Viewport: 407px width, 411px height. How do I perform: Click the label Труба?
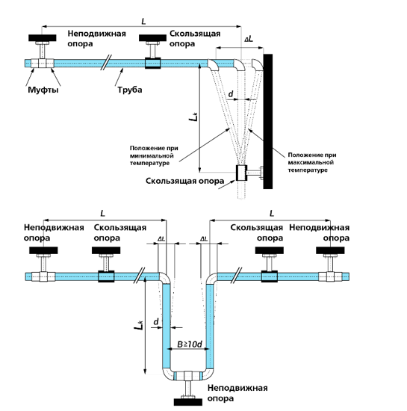130,90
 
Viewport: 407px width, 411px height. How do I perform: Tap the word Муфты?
43,90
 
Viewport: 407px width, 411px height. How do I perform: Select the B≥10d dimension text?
190,344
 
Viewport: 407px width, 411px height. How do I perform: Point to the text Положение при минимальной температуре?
154,155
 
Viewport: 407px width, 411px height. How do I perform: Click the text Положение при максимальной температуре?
312,162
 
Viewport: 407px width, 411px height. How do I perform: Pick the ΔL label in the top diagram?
249,40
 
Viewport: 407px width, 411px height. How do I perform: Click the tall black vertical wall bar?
267,121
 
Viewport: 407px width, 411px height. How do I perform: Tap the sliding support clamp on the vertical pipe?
241,173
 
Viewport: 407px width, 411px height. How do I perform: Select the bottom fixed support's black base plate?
188,402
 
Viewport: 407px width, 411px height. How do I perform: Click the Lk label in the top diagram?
193,117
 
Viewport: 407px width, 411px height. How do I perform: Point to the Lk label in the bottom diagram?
139,324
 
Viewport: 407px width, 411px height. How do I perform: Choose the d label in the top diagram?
231,94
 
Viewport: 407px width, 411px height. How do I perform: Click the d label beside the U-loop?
156,321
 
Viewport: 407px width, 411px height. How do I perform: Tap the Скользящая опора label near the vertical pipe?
185,181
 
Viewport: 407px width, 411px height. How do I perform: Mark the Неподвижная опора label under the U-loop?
237,393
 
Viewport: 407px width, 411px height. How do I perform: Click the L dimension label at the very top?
143,22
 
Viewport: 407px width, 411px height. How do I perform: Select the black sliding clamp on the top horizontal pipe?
152,64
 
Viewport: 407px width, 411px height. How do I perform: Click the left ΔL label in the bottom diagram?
161,239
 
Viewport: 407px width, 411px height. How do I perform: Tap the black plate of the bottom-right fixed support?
330,250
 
